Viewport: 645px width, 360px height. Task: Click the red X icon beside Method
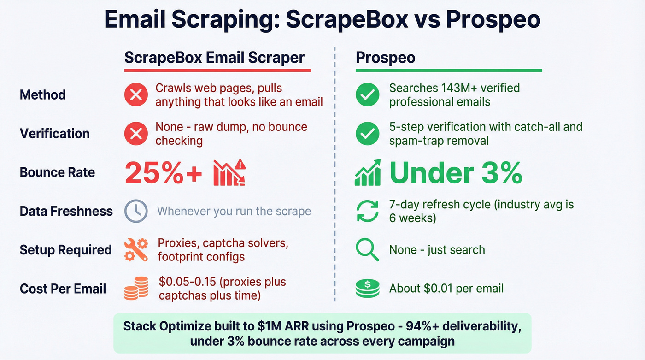pyautogui.click(x=136, y=95)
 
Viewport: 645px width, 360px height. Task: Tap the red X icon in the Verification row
pyautogui.click(x=136, y=134)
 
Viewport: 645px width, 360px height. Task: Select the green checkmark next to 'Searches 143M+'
pyautogui.click(x=368, y=95)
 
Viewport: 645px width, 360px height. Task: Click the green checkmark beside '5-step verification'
pyautogui.click(x=368, y=134)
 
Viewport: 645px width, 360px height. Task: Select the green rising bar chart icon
pyautogui.click(x=368, y=172)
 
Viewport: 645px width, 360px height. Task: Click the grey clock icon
pyautogui.click(x=136, y=212)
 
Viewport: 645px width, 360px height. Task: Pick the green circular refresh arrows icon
pyautogui.click(x=368, y=211)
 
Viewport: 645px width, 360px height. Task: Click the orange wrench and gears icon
pyautogui.click(x=136, y=250)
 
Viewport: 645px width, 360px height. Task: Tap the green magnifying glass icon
pyautogui.click(x=368, y=250)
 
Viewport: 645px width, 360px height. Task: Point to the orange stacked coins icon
pyautogui.click(x=136, y=289)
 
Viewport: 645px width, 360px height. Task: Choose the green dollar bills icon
pyautogui.click(x=368, y=289)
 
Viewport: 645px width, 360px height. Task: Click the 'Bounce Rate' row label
pyautogui.click(x=57, y=172)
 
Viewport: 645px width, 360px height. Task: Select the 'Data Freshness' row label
pyautogui.click(x=66, y=211)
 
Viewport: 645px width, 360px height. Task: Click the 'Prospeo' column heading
pyautogui.click(x=385, y=58)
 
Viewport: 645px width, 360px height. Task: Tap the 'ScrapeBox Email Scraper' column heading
pyautogui.click(x=214, y=58)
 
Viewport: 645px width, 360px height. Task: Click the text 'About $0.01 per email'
pyautogui.click(x=446, y=289)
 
